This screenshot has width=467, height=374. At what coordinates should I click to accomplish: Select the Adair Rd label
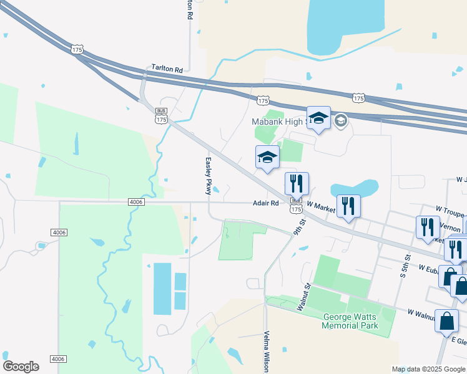[x=265, y=203]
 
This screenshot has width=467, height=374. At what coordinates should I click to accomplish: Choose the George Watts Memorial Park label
[x=350, y=321]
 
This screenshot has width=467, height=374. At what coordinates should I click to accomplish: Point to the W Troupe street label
[x=451, y=213]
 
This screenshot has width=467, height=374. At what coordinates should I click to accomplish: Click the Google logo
[x=21, y=366]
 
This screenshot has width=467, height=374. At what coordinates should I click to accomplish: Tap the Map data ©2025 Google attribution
[x=428, y=369]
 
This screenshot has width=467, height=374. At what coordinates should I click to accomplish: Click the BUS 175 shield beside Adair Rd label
[x=297, y=205]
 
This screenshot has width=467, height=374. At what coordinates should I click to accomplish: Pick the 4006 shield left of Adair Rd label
[x=135, y=202]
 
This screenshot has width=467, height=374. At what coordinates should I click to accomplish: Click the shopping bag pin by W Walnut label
[x=446, y=322]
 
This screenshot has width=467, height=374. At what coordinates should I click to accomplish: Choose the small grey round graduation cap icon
[x=341, y=120]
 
